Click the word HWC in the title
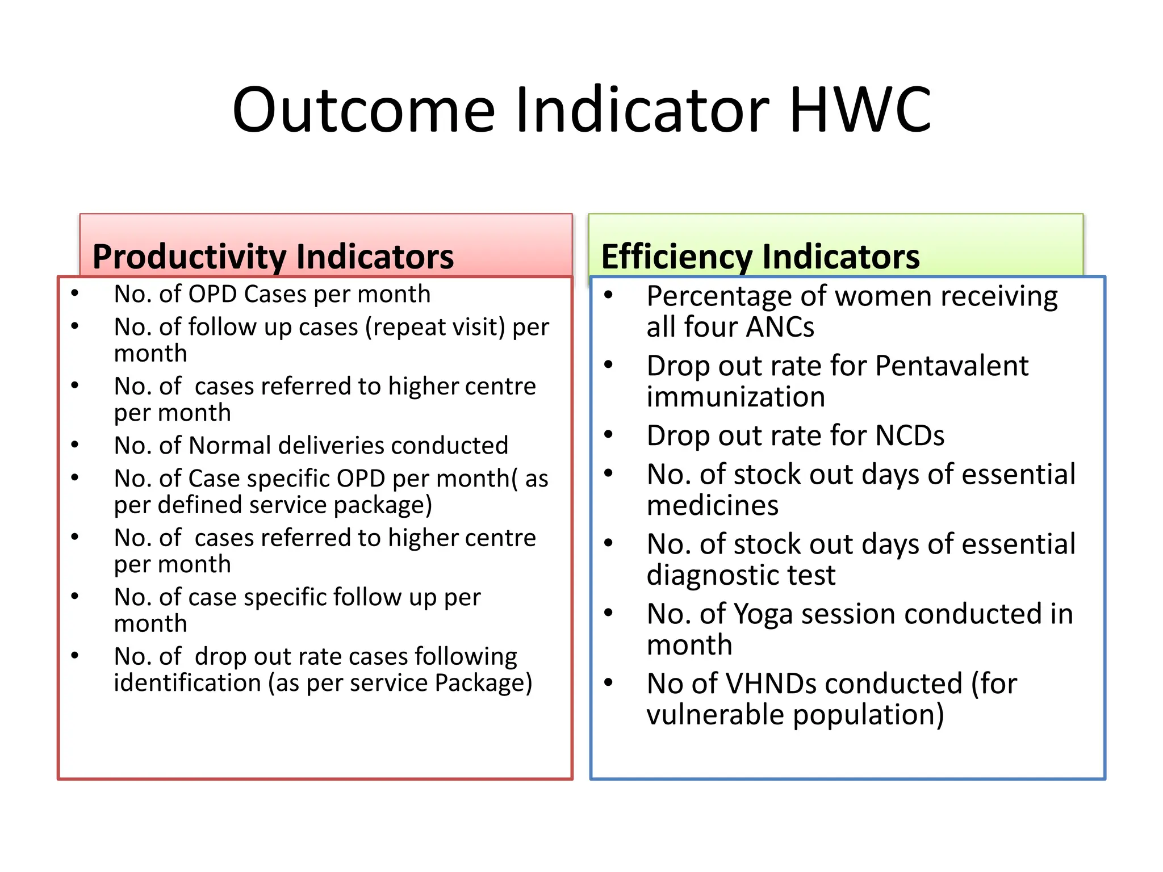pos(860,110)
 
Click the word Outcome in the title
pos(363,110)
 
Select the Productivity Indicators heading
pos(273,257)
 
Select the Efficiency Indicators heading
pos(760,257)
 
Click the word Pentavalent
pos(951,366)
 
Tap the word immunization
pos(735,397)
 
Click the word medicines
pos(712,505)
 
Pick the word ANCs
pos(780,328)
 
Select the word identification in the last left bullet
pos(187,683)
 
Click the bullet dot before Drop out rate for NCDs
pos(608,435)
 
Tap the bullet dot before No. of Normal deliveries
pos(75,445)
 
